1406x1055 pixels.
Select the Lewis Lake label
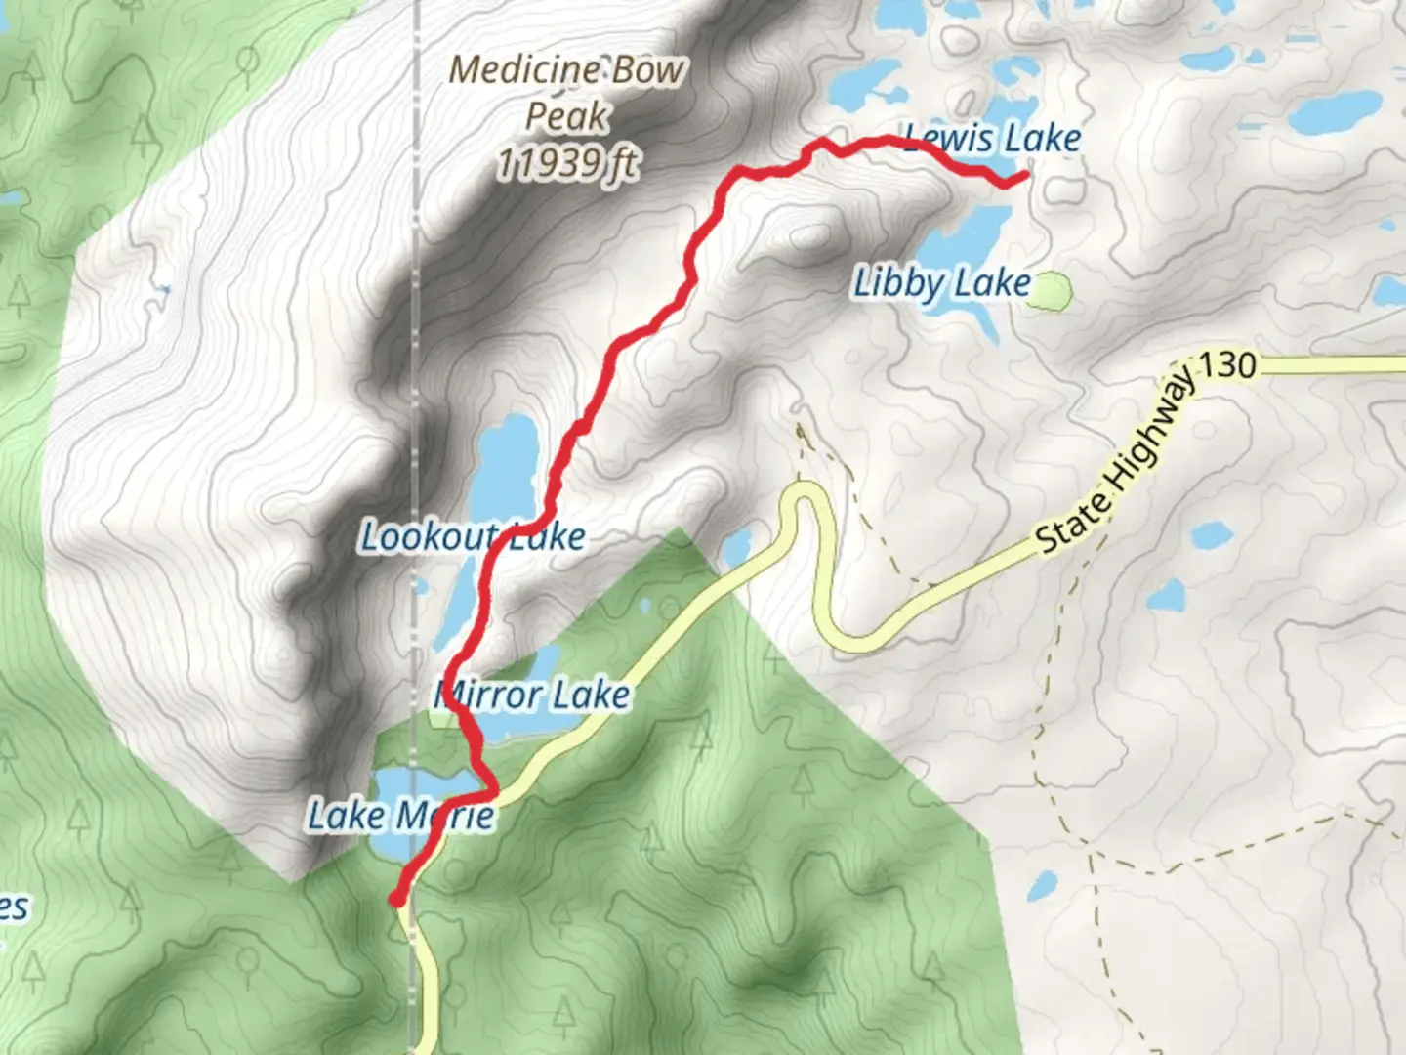click(x=992, y=139)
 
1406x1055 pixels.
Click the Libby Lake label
click(x=941, y=283)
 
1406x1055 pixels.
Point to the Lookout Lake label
click(x=473, y=536)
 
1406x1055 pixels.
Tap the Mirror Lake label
click(x=532, y=696)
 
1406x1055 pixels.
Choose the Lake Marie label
click(x=400, y=815)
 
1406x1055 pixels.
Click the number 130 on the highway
click(x=1226, y=365)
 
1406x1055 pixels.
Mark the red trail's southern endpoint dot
click(x=396, y=899)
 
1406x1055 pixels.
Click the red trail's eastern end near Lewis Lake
click(x=1022, y=176)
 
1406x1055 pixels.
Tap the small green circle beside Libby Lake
click(x=1052, y=290)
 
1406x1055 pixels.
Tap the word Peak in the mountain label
click(x=566, y=116)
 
